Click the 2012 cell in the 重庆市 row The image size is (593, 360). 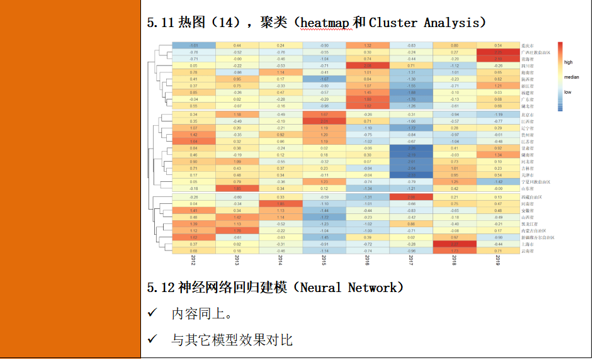(x=194, y=45)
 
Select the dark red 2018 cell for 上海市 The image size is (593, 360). (x=455, y=244)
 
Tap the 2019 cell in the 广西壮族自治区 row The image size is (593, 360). (x=498, y=52)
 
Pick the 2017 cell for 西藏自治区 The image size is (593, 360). (x=411, y=197)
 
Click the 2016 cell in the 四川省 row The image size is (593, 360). (x=368, y=65)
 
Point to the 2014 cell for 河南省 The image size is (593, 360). (x=281, y=204)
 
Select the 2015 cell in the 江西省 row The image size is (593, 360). (x=324, y=121)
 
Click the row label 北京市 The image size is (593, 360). (x=529, y=115)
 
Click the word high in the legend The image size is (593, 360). (x=568, y=62)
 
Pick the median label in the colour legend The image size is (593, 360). (x=571, y=77)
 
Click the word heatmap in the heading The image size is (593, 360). (x=325, y=23)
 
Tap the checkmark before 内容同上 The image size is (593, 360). (x=152, y=313)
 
